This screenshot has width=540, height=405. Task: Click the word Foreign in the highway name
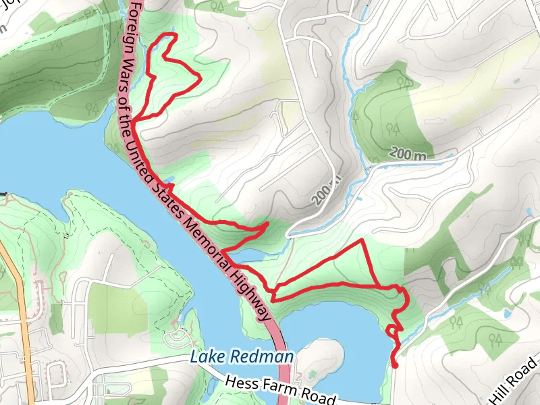pos(133,23)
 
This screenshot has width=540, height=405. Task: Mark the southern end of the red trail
pos(395,367)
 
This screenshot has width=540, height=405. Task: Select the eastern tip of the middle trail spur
pos(269,223)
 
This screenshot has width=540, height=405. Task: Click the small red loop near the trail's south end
pos(392,331)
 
